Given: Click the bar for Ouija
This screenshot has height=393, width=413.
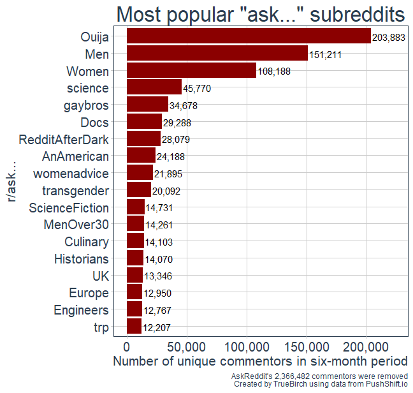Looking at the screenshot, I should pyautogui.click(x=249, y=36).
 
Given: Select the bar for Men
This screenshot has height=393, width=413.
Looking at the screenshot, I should pyautogui.click(x=217, y=54).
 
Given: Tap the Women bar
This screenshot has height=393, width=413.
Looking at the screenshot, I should pyautogui.click(x=191, y=71).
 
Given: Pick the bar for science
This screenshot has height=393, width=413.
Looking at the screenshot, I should pyautogui.click(x=154, y=87).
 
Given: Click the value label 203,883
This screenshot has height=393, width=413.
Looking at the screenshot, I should pyautogui.click(x=389, y=38).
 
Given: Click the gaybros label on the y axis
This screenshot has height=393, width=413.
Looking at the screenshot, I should pyautogui.click(x=86, y=105).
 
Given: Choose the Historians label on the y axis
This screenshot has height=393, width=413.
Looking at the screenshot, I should pyautogui.click(x=82, y=259).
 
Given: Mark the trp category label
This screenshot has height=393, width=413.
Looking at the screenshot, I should pyautogui.click(x=99, y=327).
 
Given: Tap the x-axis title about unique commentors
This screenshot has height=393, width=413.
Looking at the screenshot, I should pyautogui.click(x=260, y=361).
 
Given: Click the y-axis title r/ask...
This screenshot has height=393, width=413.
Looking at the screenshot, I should pyautogui.click(x=12, y=182).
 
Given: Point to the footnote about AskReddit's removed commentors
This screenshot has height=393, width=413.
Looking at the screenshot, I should pyautogui.click(x=319, y=376).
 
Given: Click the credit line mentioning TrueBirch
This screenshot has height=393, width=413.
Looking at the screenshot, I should pyautogui.click(x=321, y=384).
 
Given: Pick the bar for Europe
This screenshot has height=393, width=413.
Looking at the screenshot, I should pyautogui.click(x=134, y=293).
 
